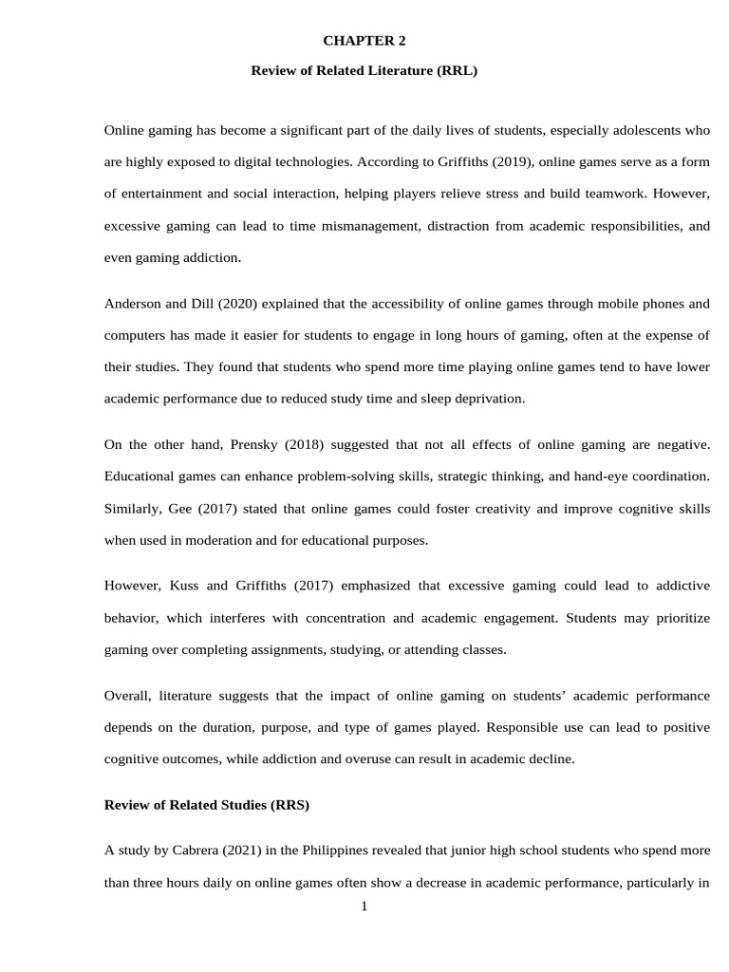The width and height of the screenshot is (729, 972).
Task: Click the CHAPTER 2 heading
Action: coord(364,40)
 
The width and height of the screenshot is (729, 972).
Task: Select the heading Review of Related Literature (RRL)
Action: coord(364,70)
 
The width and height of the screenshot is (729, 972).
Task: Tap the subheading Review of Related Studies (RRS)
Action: coord(206,805)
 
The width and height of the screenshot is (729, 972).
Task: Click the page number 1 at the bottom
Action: coord(364,907)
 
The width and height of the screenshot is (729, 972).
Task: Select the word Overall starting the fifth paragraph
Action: coord(126,696)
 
